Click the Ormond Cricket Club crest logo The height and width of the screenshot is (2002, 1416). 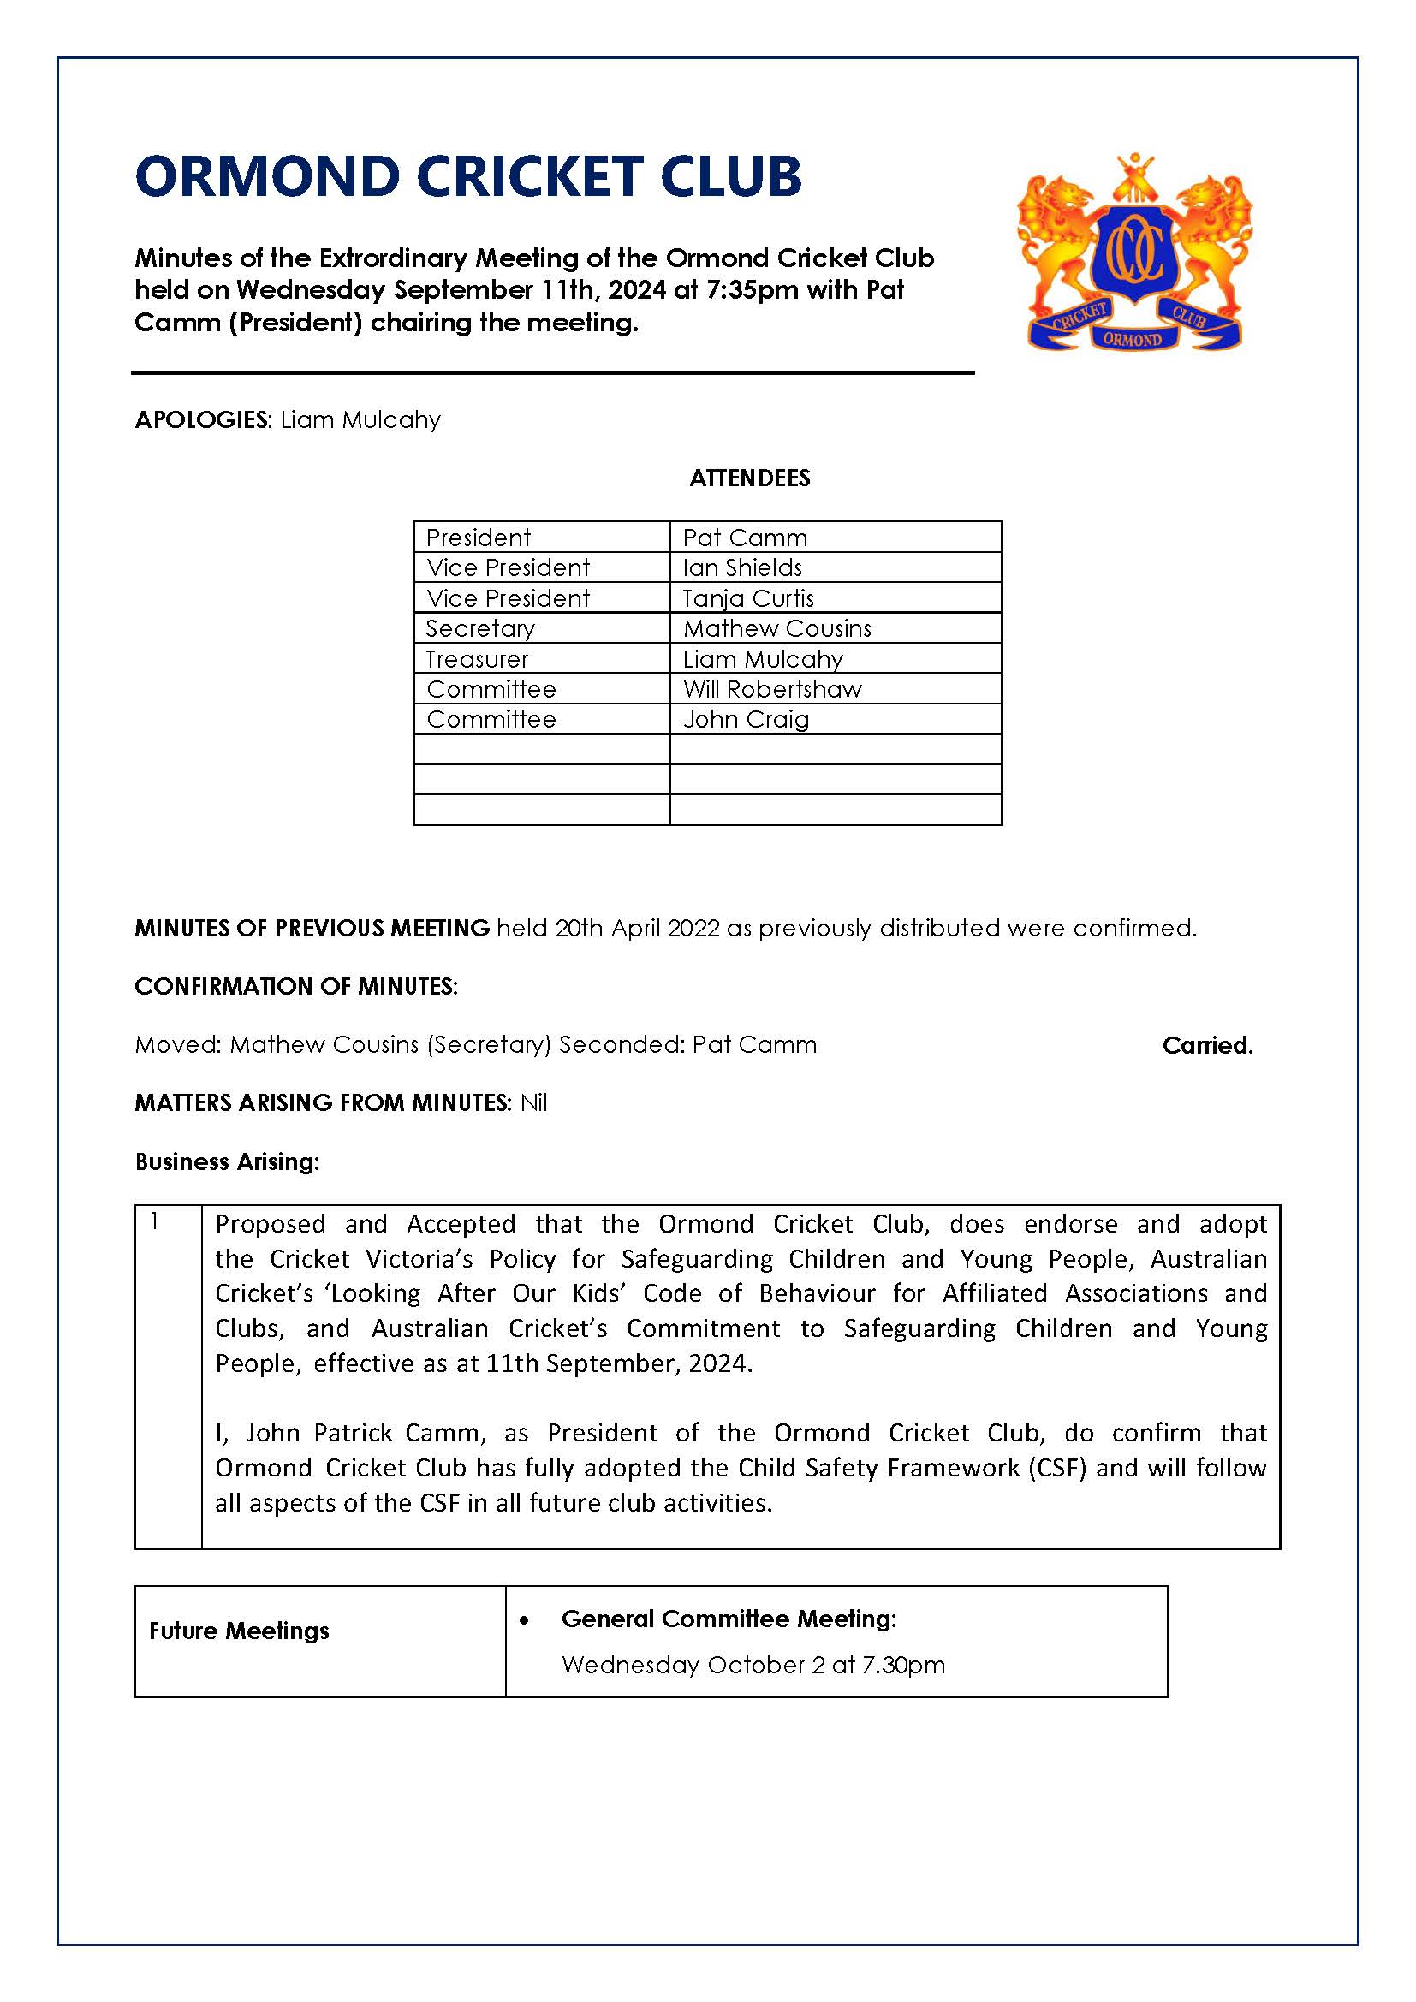[1134, 253]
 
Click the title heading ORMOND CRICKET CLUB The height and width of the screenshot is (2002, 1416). [468, 176]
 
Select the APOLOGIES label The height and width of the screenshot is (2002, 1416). [203, 420]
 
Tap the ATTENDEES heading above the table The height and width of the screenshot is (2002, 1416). [750, 478]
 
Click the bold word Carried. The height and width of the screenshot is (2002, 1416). [1207, 1045]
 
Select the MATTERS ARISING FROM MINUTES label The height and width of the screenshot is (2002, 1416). [322, 1103]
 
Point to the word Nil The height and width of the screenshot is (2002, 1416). [533, 1103]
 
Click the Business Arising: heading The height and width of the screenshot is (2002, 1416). [227, 1161]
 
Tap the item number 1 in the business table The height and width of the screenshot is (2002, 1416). [154, 1222]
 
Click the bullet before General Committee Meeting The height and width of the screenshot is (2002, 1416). [524, 1620]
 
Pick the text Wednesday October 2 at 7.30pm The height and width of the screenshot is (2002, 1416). [753, 1665]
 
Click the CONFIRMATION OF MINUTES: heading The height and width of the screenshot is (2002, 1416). [295, 986]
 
